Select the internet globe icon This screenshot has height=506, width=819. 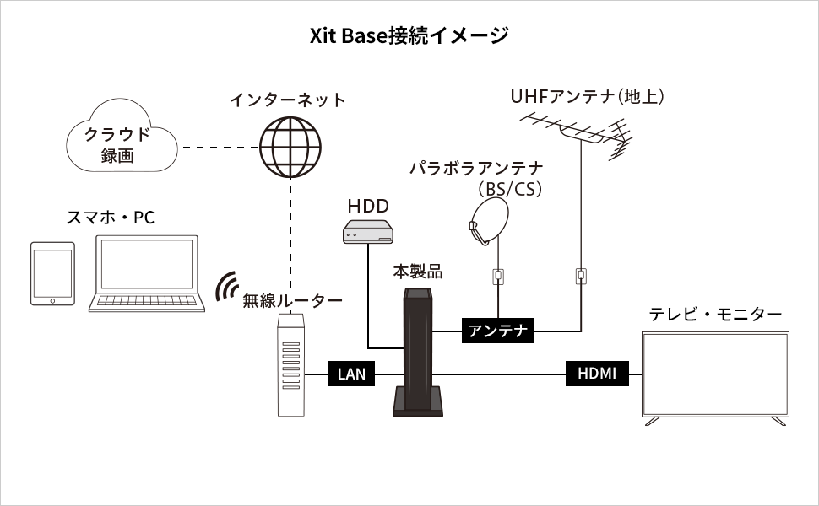pyautogui.click(x=291, y=144)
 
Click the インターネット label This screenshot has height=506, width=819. pyautogui.click(x=288, y=100)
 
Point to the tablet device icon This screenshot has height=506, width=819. pyautogui.click(x=52, y=273)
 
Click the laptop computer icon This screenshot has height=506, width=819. pyautogui.click(x=149, y=274)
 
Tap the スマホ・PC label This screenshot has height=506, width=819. pyautogui.click(x=111, y=218)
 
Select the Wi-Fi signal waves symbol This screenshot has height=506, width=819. pyautogui.click(x=225, y=288)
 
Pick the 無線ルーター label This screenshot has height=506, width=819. pyautogui.click(x=292, y=300)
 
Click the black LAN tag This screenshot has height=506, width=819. pyautogui.click(x=351, y=374)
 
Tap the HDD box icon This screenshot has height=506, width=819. pyautogui.click(x=368, y=230)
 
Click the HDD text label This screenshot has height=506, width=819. pyautogui.click(x=368, y=206)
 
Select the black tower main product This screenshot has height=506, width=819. pyautogui.click(x=418, y=354)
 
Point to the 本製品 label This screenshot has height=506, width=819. pyautogui.click(x=418, y=272)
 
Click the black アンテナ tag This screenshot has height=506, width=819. pyautogui.click(x=498, y=331)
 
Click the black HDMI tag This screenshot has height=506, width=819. pyautogui.click(x=597, y=374)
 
